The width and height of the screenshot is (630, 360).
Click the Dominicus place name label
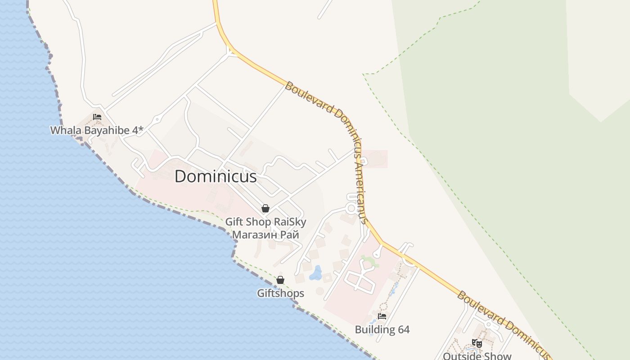(x=216, y=176)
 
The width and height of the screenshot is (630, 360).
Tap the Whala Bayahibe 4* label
(x=96, y=130)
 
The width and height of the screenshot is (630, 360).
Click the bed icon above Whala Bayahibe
(x=97, y=117)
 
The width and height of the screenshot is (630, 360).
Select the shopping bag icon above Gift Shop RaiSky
(x=265, y=208)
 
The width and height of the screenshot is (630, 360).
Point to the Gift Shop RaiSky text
(x=265, y=222)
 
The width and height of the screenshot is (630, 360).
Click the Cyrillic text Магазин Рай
(x=265, y=234)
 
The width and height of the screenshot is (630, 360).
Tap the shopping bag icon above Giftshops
(x=280, y=280)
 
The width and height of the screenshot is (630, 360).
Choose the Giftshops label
(x=280, y=293)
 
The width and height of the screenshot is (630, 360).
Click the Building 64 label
(x=382, y=330)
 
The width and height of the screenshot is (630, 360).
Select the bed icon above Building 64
(x=382, y=316)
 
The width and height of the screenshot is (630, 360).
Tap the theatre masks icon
(x=477, y=343)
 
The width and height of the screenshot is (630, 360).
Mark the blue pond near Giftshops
(x=316, y=273)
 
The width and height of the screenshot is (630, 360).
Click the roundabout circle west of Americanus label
(x=351, y=208)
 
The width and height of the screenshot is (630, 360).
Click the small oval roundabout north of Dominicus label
(x=157, y=120)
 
